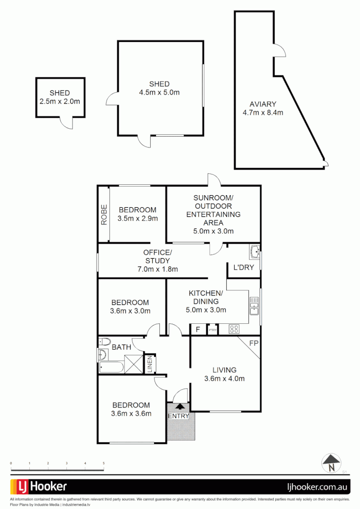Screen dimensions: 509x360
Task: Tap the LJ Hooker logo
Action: (39, 486)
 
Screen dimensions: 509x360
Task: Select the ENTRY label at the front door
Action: (179, 416)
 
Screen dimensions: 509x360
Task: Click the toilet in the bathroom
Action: (104, 342)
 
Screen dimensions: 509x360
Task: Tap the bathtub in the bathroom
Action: (111, 367)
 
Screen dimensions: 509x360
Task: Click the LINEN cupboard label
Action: (150, 364)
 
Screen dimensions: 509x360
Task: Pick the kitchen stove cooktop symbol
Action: (234, 329)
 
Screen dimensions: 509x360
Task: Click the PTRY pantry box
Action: (213, 329)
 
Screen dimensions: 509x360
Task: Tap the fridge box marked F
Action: (198, 329)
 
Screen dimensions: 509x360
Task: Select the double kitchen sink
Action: (254, 305)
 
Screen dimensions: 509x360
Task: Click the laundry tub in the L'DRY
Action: (254, 252)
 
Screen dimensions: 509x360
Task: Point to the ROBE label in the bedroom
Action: (104, 214)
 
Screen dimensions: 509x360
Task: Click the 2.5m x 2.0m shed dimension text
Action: (60, 101)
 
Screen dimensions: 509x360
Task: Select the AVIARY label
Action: (262, 104)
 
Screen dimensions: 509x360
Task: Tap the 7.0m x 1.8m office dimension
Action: (157, 269)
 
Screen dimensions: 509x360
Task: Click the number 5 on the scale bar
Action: (103, 464)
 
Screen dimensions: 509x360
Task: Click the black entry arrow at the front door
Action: (180, 406)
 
